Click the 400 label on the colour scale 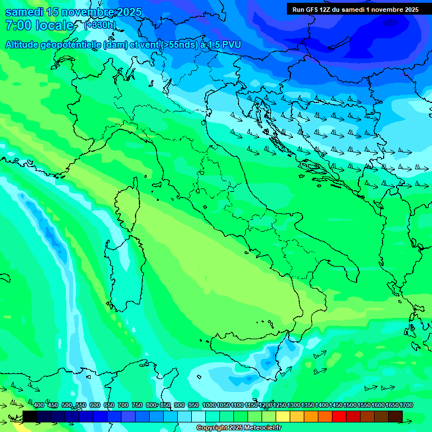(39, 405)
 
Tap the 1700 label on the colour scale (395, 405)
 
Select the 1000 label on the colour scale (209, 405)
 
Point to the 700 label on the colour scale (123, 405)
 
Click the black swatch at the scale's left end (30, 416)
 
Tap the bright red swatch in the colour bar (339, 416)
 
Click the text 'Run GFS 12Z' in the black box (312, 10)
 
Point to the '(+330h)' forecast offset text (100, 25)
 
